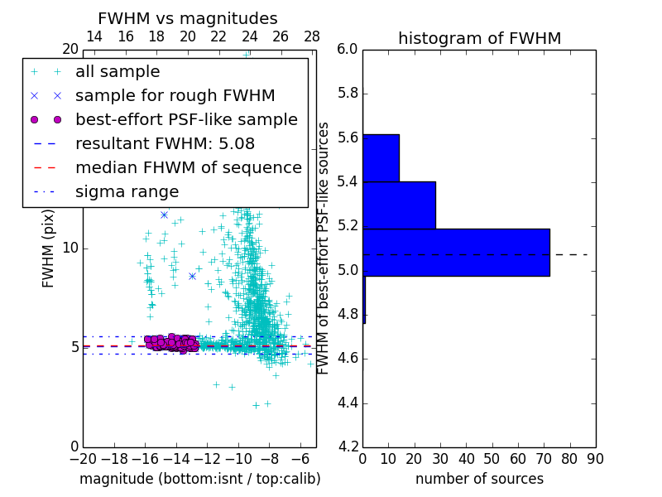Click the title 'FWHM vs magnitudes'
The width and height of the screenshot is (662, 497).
(188, 18)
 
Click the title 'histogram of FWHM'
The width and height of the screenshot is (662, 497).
(479, 38)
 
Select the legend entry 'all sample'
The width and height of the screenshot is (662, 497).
(118, 72)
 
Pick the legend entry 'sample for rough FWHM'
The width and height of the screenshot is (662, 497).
(175, 96)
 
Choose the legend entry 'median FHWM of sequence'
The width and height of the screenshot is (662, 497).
(188, 168)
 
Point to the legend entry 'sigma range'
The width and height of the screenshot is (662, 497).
(127, 192)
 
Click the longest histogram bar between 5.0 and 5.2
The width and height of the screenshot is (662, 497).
(456, 253)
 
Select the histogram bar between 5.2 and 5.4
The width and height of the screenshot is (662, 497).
(399, 205)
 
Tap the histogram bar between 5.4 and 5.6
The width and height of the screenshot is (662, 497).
(381, 157)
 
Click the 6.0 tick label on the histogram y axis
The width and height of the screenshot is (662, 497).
(348, 50)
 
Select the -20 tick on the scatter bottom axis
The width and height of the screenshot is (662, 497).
(83, 458)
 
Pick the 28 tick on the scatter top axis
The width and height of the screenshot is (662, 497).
(312, 36)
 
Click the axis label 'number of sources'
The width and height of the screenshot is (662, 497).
(479, 479)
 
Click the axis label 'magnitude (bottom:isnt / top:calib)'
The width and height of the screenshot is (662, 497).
(199, 479)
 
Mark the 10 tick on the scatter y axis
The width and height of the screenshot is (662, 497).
(70, 248)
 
